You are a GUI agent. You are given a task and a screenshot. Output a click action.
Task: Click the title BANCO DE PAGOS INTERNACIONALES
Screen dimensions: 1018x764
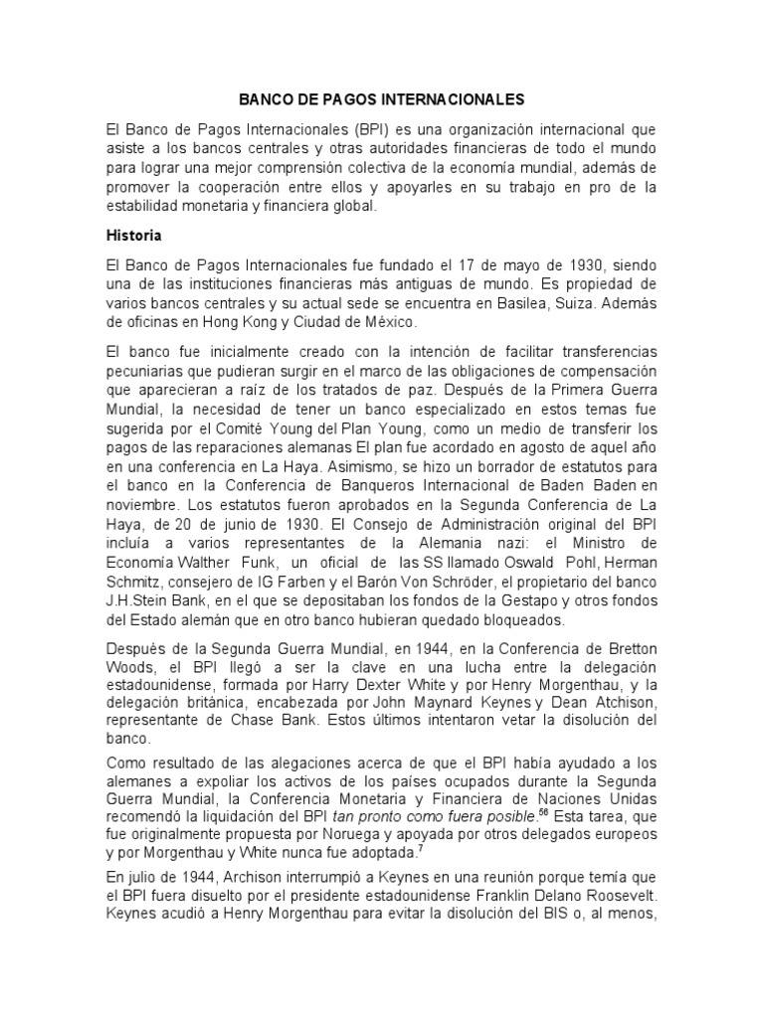tap(382, 100)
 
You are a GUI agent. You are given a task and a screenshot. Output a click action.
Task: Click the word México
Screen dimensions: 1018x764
tap(364, 324)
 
